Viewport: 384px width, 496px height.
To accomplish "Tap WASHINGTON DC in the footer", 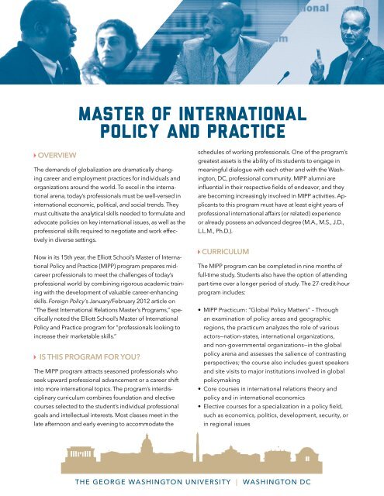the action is (x=313, y=480).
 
